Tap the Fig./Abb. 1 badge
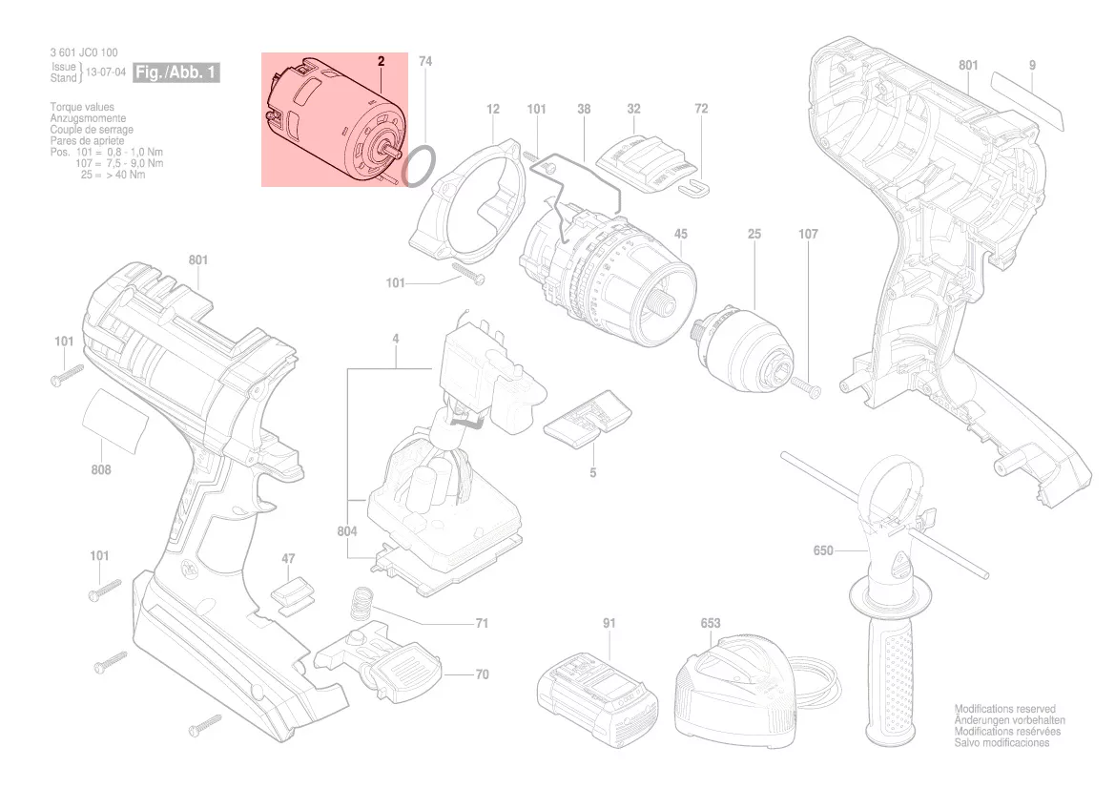(176, 73)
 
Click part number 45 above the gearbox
(680, 234)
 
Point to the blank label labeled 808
(115, 421)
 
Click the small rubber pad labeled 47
(290, 593)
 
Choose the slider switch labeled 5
(588, 417)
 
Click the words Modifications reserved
(1004, 709)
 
